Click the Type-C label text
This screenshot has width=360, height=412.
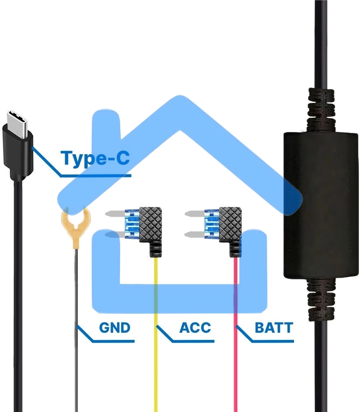coord(95,158)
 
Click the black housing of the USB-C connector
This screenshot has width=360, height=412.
coord(18,151)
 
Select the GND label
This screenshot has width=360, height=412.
coord(115,328)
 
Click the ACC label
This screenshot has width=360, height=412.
coord(195,328)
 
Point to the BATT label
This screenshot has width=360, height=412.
coord(274,328)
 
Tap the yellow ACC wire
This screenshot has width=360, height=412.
coord(156,351)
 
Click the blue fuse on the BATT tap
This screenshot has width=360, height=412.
coord(210,226)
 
